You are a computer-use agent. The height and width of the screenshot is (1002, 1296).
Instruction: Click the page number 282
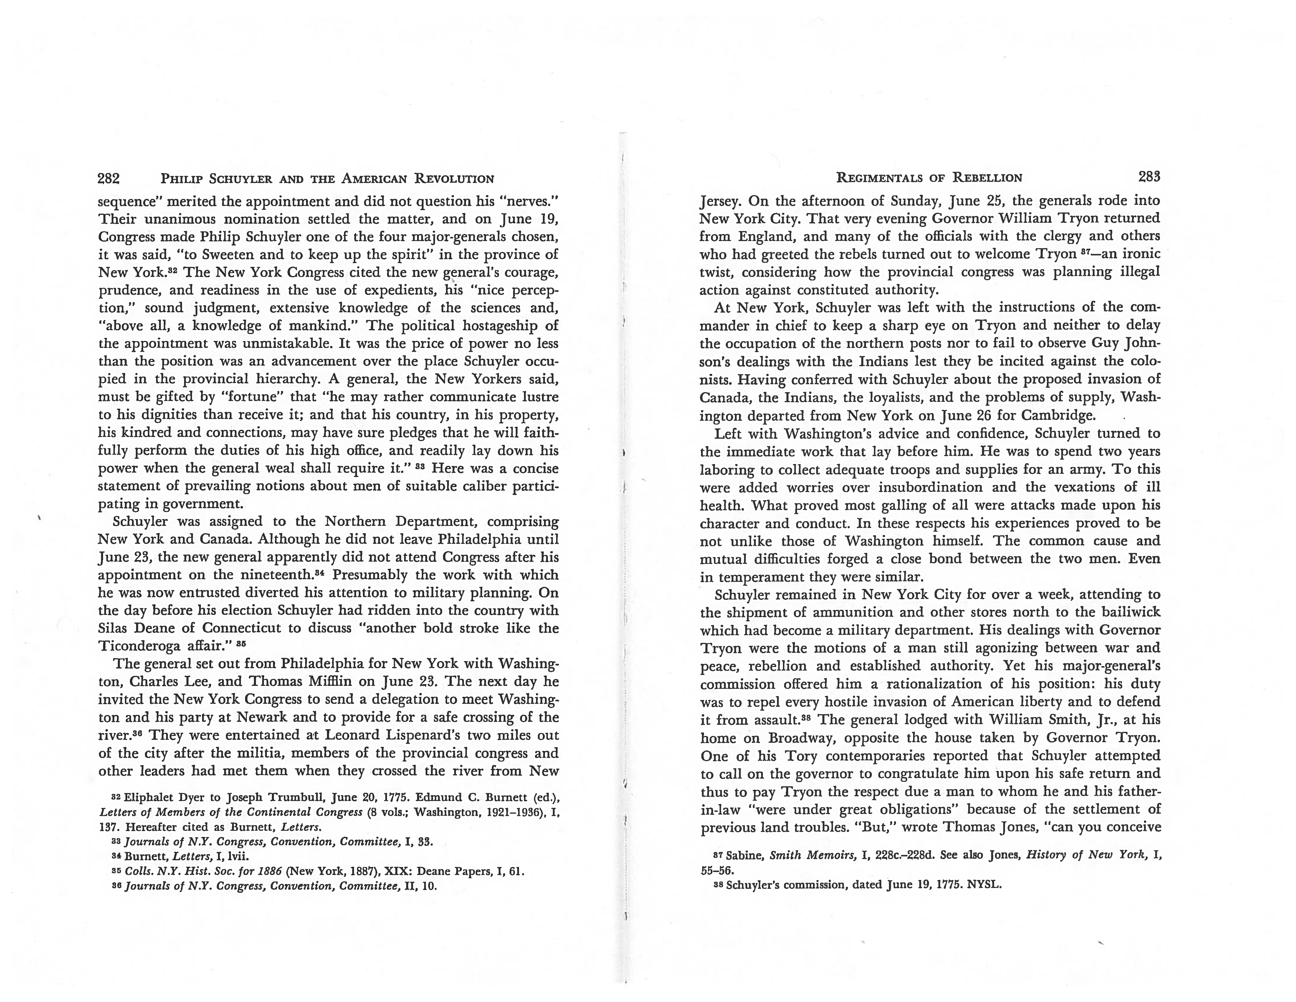109,178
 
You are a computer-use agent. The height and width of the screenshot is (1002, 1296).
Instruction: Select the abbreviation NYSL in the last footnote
983,885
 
